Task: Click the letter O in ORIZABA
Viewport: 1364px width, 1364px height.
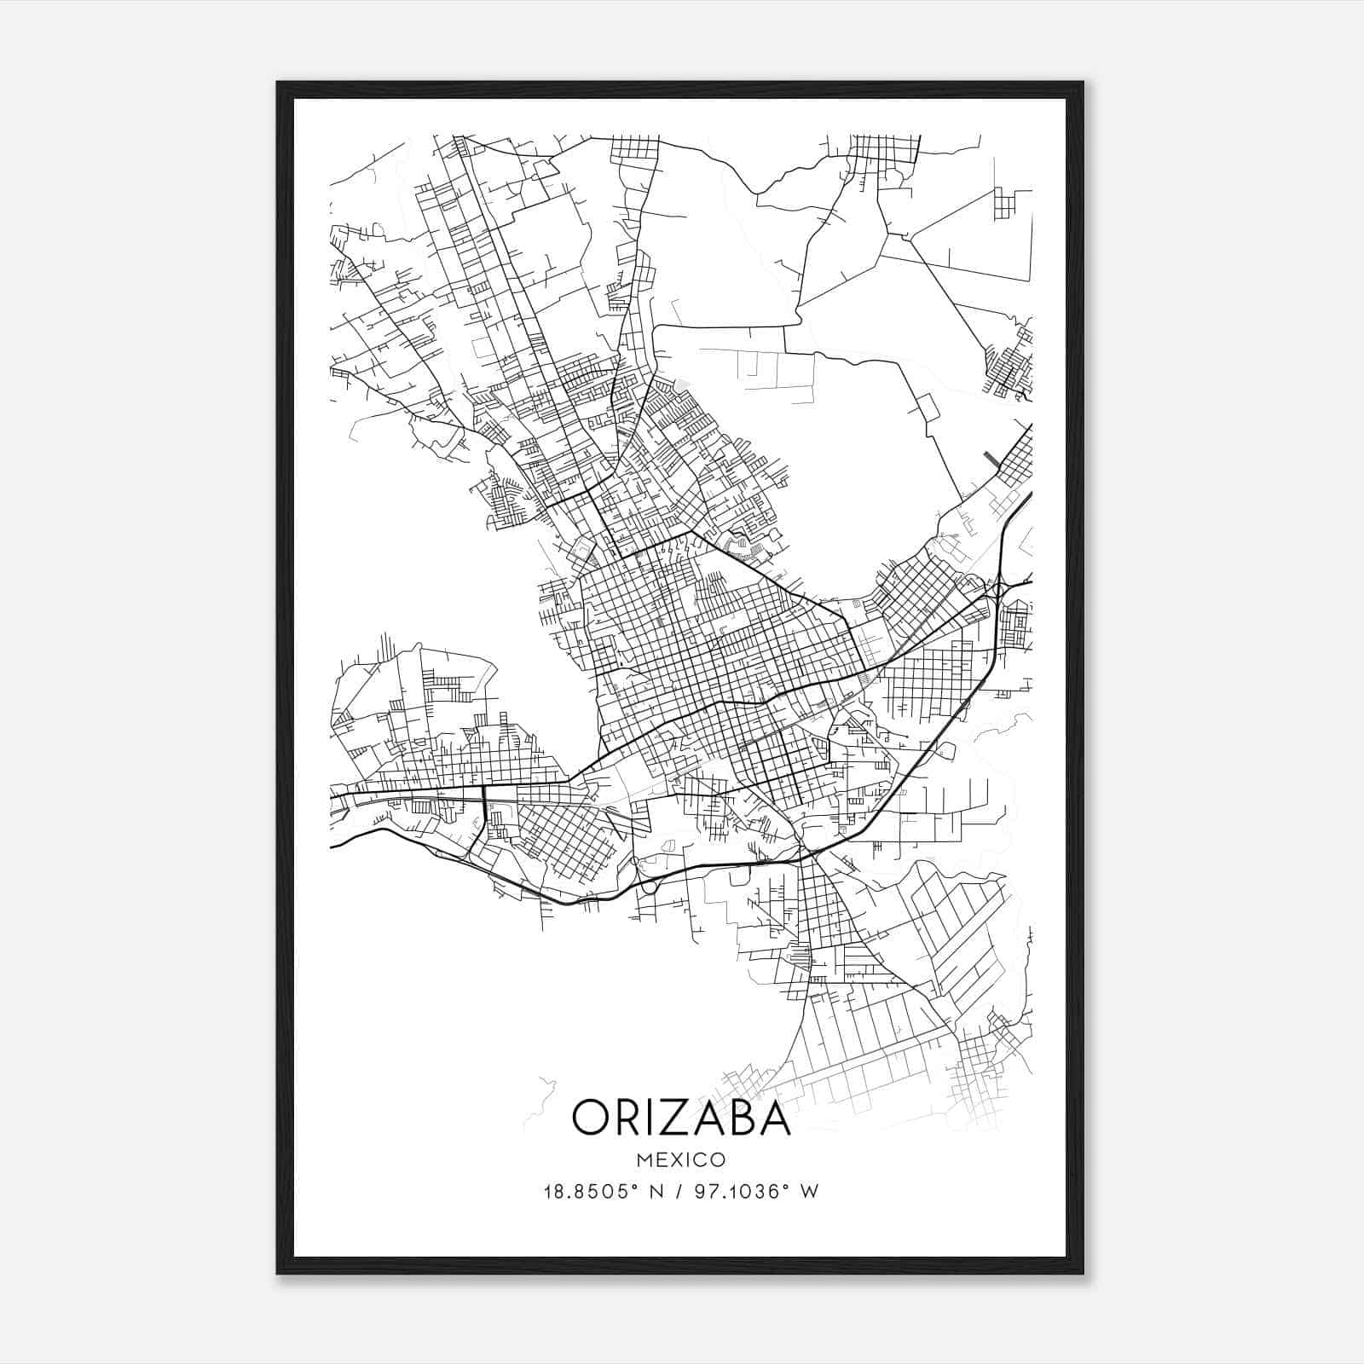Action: click(x=592, y=1117)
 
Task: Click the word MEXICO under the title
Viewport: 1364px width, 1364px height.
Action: click(x=681, y=1160)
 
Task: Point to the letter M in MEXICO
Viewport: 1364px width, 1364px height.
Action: click(x=643, y=1160)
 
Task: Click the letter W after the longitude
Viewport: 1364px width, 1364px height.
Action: click(x=810, y=1192)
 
